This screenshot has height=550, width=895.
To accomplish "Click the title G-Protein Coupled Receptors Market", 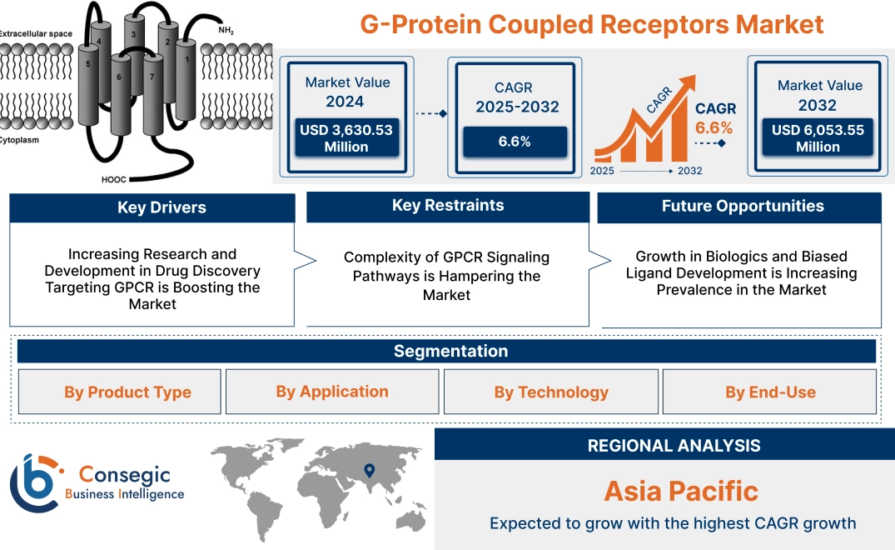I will (x=592, y=23).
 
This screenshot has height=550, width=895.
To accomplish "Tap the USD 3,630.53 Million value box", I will (x=346, y=138).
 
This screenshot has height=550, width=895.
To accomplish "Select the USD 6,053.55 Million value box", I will (x=818, y=138).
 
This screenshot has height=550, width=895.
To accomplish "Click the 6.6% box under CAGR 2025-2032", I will (x=515, y=142).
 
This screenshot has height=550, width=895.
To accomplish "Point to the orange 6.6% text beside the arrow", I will (x=714, y=127).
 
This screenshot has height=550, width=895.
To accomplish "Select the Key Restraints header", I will (x=448, y=206).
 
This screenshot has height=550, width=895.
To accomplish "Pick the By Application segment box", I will (x=332, y=392).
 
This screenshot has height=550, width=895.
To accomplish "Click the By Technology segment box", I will (x=551, y=392).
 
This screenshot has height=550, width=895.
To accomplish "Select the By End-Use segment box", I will (x=770, y=392).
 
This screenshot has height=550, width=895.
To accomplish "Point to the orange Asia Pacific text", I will (x=681, y=491).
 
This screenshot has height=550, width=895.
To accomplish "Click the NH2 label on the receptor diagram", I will (x=226, y=31).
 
